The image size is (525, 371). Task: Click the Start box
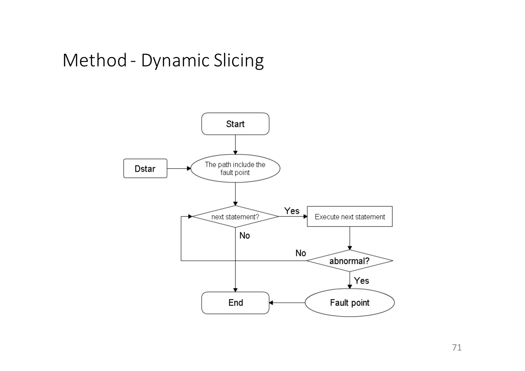tap(235, 124)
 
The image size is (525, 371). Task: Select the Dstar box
tap(145, 168)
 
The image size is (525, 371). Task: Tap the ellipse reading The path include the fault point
tap(235, 168)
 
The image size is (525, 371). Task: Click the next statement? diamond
tap(235, 217)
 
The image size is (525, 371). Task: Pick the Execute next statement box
tap(350, 217)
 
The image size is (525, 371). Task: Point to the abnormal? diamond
tap(349, 261)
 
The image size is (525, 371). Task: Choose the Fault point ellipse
tap(349, 303)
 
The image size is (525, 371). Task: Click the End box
tap(235, 303)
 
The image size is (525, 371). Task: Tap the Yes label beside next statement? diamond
tap(292, 211)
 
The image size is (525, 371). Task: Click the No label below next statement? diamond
tap(245, 235)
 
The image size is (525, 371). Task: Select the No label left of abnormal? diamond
tap(300, 253)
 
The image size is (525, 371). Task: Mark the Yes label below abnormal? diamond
tap(361, 280)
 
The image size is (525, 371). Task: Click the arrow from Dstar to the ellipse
tap(179, 168)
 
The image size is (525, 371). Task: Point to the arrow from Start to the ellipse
tap(235, 144)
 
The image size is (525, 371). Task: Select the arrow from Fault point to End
tap(287, 303)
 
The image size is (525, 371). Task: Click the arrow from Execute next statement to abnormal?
tap(350, 238)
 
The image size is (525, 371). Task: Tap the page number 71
tap(457, 347)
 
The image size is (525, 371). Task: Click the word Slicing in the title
tap(239, 61)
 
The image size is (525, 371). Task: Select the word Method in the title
tap(95, 61)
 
